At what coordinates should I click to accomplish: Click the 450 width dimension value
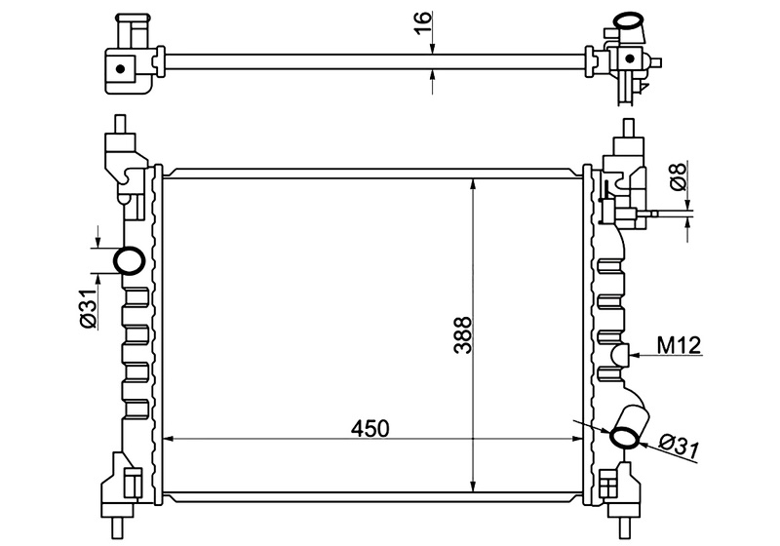click(370, 428)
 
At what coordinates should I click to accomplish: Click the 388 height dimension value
click(462, 335)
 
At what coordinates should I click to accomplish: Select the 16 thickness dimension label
click(422, 22)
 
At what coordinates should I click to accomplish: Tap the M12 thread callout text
click(679, 344)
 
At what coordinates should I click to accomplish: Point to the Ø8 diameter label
click(679, 175)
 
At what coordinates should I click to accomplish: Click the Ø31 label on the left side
click(88, 309)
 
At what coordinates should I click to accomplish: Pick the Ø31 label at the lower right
click(679, 448)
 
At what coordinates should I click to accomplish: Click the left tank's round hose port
click(130, 260)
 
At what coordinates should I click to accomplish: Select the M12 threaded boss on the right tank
click(620, 355)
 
